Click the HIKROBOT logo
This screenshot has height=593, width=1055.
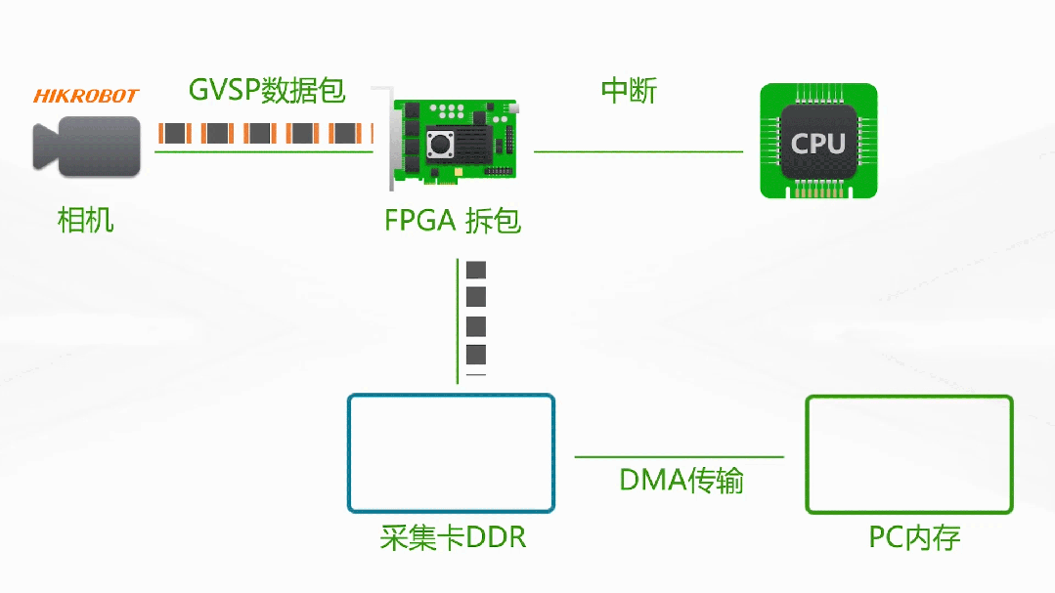86,96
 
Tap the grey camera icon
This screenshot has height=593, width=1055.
85,147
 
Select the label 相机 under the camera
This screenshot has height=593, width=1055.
86,220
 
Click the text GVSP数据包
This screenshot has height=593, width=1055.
267,91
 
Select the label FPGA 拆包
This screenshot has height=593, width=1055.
453,221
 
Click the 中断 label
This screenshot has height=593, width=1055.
629,91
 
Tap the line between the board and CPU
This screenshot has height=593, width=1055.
637,152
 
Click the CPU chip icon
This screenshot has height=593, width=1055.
818,143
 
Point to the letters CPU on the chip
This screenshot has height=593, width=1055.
818,144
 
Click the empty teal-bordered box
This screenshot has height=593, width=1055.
451,453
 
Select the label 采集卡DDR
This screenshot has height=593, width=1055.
453,537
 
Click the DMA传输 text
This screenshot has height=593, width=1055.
681,481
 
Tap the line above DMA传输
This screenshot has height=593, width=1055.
679,456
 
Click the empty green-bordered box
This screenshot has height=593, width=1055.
908,454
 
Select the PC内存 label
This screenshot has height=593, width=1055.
914,537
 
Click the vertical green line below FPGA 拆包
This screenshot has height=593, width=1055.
458,322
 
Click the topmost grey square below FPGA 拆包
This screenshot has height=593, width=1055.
476,271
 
